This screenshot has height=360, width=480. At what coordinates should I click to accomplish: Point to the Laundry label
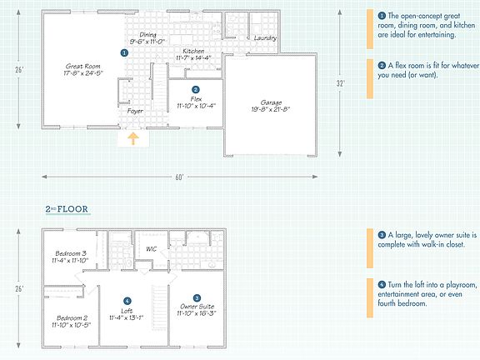[265, 38]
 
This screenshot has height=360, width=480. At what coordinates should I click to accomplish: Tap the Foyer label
[136, 110]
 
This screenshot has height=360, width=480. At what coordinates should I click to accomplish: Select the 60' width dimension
[179, 177]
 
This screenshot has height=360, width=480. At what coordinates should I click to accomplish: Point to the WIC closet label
[152, 249]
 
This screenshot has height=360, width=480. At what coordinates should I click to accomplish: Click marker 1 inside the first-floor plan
[124, 52]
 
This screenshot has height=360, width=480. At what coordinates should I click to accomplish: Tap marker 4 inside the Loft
[127, 301]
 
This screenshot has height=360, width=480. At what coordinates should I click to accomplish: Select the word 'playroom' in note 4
[458, 284]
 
